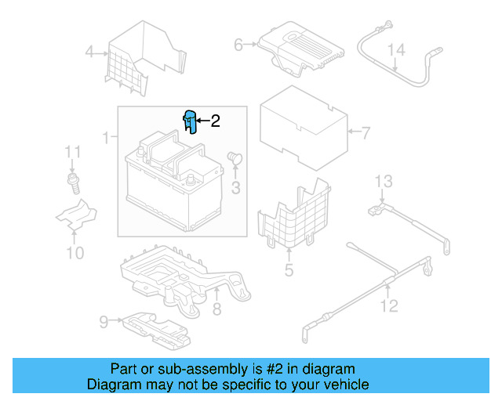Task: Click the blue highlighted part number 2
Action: pyautogui.click(x=188, y=122)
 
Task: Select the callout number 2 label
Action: pyautogui.click(x=214, y=121)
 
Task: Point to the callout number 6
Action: pyautogui.click(x=238, y=45)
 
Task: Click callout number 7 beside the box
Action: pyautogui.click(x=365, y=132)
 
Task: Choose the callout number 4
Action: pyautogui.click(x=89, y=53)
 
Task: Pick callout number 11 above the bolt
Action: pyautogui.click(x=73, y=151)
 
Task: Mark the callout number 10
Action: pyautogui.click(x=75, y=252)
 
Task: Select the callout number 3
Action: pyautogui.click(x=235, y=187)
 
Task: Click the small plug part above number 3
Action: pyautogui.click(x=234, y=159)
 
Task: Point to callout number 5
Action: pyautogui.click(x=289, y=271)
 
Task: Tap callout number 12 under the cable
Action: pyautogui.click(x=389, y=305)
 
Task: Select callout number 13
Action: pyautogui.click(x=382, y=182)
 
